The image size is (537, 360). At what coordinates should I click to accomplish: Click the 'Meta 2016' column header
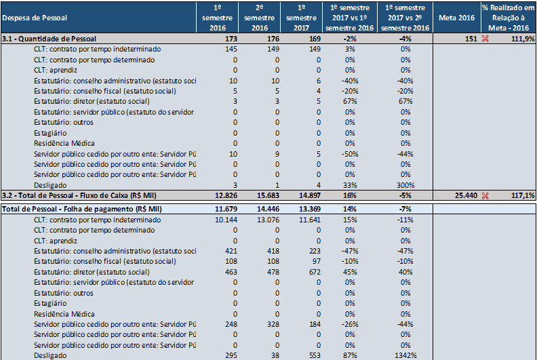(456, 18)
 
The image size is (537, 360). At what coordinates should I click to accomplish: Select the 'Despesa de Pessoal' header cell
(35, 18)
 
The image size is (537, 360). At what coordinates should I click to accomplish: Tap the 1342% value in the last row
(405, 355)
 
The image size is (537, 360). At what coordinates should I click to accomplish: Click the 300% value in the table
(405, 185)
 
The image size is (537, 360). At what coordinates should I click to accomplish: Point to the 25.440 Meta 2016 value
(466, 195)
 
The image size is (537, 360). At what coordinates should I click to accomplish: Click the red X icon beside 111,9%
(485, 39)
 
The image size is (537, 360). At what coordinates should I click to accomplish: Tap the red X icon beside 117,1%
(485, 195)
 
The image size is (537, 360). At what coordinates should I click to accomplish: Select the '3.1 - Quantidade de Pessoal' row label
(49, 39)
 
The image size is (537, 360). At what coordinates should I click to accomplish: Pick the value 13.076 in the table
(268, 220)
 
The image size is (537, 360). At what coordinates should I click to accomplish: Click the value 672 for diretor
(315, 272)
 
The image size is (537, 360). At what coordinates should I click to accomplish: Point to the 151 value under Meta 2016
(471, 39)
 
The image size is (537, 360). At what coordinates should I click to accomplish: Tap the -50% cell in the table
(350, 154)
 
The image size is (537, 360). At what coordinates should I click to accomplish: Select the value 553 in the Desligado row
(315, 355)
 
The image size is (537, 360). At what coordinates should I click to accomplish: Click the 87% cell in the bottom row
(350, 355)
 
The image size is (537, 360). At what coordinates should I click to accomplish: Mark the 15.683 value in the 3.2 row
(268, 195)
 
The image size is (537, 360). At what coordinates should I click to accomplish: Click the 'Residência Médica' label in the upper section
(64, 143)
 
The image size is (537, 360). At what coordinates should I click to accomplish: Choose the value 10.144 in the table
(226, 220)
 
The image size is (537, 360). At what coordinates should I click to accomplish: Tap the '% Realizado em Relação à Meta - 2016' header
(509, 18)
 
